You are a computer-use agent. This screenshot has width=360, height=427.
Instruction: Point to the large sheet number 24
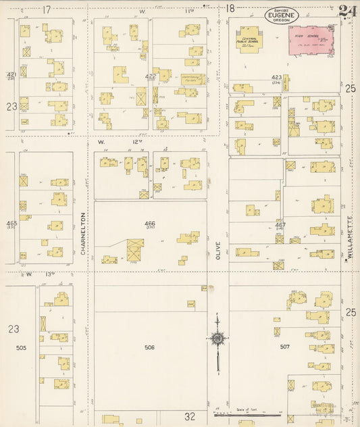coord(349,11)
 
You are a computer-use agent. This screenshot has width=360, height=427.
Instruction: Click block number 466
coord(149,223)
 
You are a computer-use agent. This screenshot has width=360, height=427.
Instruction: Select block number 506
coord(149,347)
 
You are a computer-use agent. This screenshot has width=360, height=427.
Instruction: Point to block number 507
coord(284,347)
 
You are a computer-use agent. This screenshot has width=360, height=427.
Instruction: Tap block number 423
coord(276,78)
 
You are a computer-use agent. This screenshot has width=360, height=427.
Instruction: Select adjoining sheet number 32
coord(190,416)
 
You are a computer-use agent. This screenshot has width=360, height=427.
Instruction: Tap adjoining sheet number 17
coord(46,9)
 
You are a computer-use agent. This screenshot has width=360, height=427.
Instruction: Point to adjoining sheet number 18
coord(230,9)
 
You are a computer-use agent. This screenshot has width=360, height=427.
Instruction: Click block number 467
coord(280,224)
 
